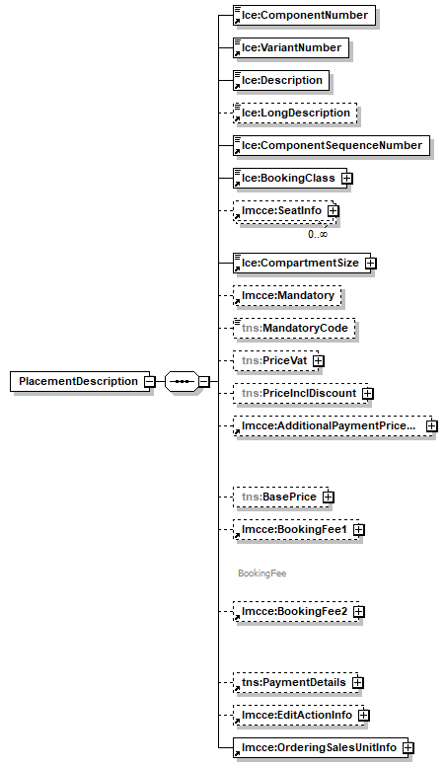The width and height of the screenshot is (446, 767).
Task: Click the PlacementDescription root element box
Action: [78, 382]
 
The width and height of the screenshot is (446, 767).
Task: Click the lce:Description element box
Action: [281, 80]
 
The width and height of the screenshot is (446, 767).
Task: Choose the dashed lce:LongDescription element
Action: [295, 113]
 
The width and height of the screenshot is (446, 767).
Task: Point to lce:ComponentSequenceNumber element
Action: [330, 146]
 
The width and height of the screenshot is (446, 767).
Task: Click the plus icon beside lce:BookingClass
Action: [347, 179]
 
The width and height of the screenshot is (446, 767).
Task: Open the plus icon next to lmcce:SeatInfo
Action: [334, 210]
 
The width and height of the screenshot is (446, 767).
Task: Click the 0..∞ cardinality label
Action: [318, 234]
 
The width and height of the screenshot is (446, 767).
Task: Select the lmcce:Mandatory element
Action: [287, 295]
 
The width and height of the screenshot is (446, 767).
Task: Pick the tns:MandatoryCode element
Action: [293, 328]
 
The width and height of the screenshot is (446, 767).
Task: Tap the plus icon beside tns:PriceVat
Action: [319, 361]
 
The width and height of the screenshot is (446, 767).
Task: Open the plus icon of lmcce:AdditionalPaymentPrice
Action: [431, 426]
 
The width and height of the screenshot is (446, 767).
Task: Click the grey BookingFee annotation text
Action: [261, 573]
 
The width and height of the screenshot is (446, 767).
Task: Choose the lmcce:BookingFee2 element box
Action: [291, 612]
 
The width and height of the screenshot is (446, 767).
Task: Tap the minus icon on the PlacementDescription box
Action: [148, 382]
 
